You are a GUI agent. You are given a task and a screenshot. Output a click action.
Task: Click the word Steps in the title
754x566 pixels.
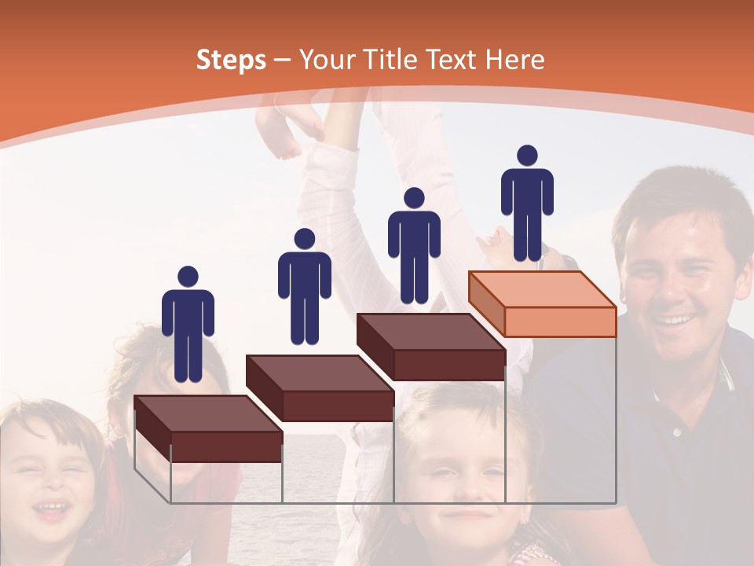pyautogui.click(x=231, y=60)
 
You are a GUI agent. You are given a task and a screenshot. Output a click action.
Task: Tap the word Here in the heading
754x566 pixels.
pyautogui.click(x=514, y=60)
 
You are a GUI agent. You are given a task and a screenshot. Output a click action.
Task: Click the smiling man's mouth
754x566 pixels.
pyautogui.click(x=675, y=321)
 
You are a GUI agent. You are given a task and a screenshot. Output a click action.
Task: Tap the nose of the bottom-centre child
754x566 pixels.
pyautogui.click(x=464, y=493)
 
